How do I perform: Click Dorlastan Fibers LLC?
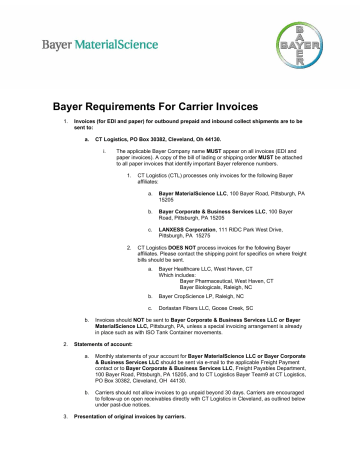point(178,309)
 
